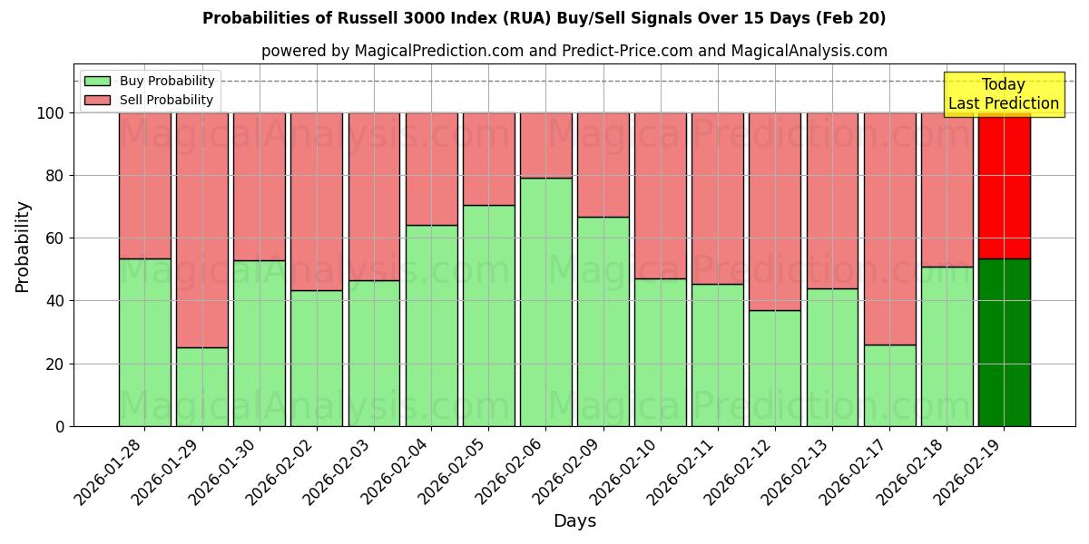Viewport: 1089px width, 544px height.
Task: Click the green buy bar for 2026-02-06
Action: click(545, 302)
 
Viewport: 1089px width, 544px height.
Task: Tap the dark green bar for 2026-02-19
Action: click(1004, 342)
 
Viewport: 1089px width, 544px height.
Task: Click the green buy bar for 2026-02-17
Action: click(889, 385)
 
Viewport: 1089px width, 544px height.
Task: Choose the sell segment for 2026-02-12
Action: click(775, 211)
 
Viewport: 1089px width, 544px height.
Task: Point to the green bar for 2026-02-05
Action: click(488, 316)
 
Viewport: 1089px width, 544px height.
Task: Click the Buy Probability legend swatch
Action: click(97, 81)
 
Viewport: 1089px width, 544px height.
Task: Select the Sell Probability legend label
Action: click(166, 100)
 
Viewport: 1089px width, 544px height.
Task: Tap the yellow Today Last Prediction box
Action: click(1004, 94)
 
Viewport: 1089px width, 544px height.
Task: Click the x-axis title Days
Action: click(574, 521)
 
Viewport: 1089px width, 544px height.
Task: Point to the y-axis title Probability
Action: click(23, 246)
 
